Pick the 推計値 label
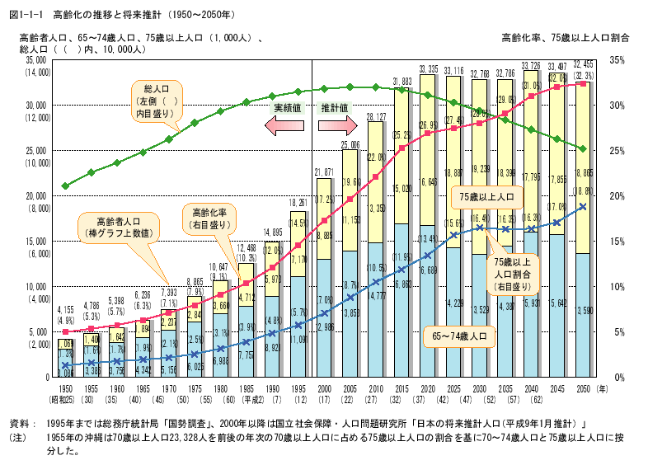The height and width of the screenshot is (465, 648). [336, 108]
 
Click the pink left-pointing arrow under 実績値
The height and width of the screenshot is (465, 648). [285, 125]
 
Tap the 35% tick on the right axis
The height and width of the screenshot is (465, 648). [617, 60]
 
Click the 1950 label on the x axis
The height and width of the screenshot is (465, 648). [66, 387]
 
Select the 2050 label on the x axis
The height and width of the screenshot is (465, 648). [581, 387]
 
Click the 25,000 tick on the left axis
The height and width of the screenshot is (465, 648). [35, 151]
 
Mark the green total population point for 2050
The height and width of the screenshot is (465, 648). [582, 149]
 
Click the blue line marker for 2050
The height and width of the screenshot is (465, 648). [582, 206]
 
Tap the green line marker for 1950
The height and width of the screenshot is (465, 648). [66, 186]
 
